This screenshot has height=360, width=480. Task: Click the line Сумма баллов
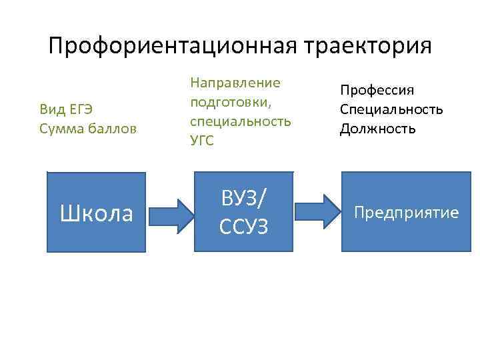click(x=88, y=128)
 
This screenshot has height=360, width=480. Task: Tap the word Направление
click(x=235, y=83)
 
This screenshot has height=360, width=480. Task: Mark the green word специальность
click(x=240, y=121)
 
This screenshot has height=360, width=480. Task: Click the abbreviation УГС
click(x=203, y=141)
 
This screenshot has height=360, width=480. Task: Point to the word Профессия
click(x=377, y=90)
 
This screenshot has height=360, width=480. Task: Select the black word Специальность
click(x=391, y=109)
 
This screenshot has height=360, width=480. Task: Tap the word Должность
click(x=378, y=128)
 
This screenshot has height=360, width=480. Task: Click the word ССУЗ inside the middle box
click(x=243, y=227)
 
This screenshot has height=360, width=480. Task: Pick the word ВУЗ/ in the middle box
click(x=243, y=197)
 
